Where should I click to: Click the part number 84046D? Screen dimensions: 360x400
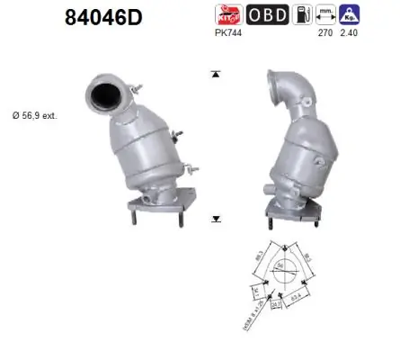tap(105, 17)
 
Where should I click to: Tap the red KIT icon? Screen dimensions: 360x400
tap(227, 14)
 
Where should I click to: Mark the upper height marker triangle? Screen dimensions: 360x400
tap(215, 74)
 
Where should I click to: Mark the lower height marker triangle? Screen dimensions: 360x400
tap(215, 218)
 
